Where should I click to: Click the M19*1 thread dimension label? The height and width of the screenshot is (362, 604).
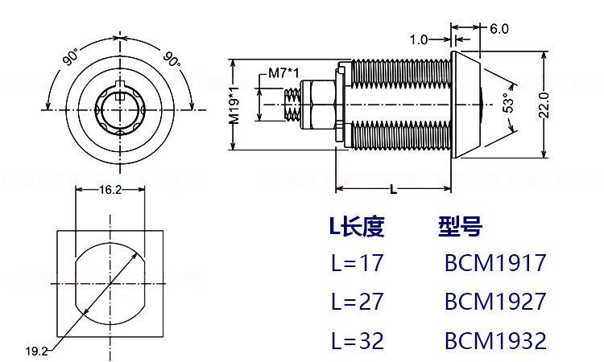click(x=235, y=104)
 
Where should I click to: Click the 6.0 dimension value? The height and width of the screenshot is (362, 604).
click(x=499, y=29)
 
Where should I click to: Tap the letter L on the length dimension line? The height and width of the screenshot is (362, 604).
click(x=392, y=190)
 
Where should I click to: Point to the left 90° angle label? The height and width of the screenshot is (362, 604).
click(x=70, y=57)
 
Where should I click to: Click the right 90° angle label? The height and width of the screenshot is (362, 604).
click(x=171, y=58)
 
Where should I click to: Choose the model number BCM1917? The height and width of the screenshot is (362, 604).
click(x=494, y=263)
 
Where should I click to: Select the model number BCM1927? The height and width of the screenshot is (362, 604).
click(x=494, y=302)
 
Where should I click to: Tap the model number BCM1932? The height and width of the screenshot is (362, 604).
click(x=494, y=340)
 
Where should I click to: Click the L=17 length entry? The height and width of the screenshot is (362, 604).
click(x=357, y=263)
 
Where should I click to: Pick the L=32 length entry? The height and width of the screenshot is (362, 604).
click(x=357, y=340)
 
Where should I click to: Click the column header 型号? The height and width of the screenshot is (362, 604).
click(x=460, y=227)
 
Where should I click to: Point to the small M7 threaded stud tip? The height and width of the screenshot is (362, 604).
click(x=293, y=104)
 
